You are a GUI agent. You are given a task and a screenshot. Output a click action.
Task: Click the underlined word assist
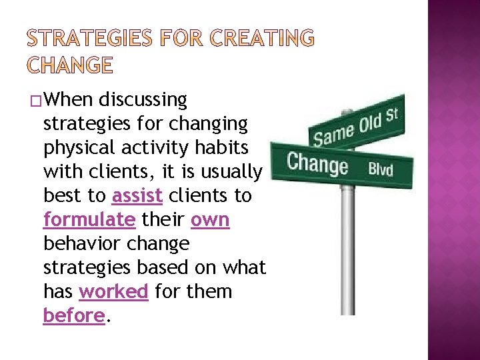(137, 196)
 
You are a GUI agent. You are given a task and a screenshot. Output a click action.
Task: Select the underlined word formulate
(89, 220)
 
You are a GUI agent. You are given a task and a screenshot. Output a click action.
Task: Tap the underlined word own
(210, 220)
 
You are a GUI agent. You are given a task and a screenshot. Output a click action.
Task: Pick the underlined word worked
(113, 291)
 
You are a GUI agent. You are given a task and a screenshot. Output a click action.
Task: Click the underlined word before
(73, 315)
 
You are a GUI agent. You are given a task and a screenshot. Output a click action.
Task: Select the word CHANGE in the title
(70, 65)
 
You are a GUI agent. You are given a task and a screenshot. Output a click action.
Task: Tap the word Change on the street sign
(317, 164)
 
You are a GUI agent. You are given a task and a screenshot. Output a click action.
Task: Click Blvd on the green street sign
(381, 169)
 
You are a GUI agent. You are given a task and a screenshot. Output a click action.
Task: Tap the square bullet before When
(35, 101)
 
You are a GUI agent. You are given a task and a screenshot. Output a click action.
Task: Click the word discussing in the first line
(143, 100)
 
